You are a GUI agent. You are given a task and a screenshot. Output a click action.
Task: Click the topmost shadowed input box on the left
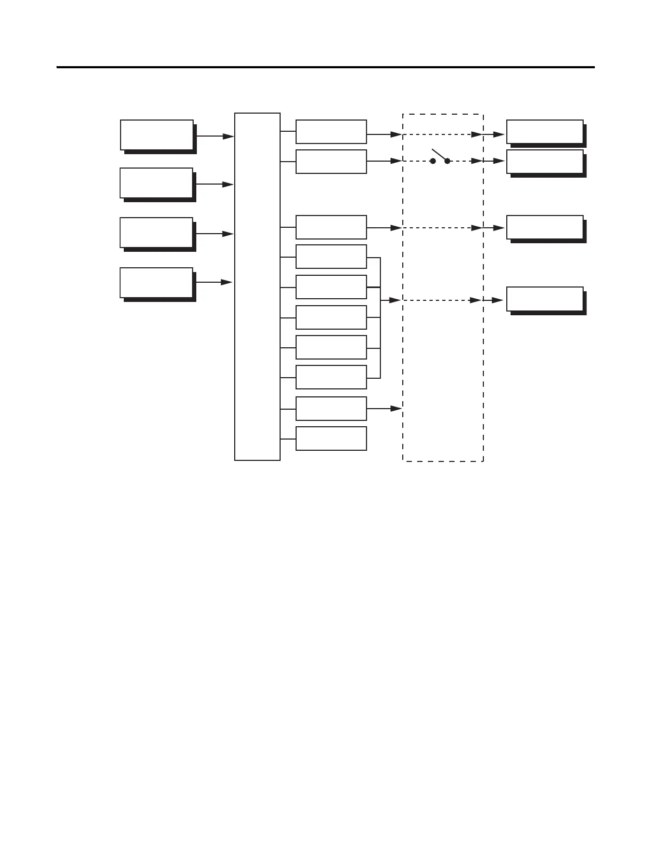[156, 135]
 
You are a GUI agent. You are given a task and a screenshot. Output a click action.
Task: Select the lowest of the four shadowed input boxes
[156, 283]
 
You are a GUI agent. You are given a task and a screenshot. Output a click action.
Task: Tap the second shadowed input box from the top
[156, 183]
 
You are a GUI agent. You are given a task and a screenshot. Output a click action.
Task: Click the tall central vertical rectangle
[257, 286]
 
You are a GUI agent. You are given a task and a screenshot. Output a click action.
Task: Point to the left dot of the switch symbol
[433, 161]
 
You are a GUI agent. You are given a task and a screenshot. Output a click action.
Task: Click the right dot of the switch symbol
[447, 161]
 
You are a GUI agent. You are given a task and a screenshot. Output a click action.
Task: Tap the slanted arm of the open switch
[439, 154]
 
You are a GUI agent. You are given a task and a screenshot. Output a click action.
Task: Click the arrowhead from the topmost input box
[228, 137]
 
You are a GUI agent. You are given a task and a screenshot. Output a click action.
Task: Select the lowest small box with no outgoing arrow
[331, 439]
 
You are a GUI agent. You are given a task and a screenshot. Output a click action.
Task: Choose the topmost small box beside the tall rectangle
[331, 132]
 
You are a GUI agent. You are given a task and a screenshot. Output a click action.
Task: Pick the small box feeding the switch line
[331, 162]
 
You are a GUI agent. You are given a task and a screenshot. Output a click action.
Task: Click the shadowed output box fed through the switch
[544, 161]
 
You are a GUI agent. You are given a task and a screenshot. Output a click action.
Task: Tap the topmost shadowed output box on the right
[544, 132]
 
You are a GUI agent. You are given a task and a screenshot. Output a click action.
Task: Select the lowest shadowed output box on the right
[544, 299]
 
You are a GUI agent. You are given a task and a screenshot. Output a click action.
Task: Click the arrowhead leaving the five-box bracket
[395, 301]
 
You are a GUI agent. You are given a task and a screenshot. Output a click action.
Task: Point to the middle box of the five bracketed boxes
[331, 317]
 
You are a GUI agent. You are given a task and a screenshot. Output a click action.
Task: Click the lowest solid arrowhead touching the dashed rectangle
[396, 409]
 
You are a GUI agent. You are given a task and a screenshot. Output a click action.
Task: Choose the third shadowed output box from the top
[544, 227]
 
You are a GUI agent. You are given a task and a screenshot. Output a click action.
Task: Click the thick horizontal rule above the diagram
[325, 68]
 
